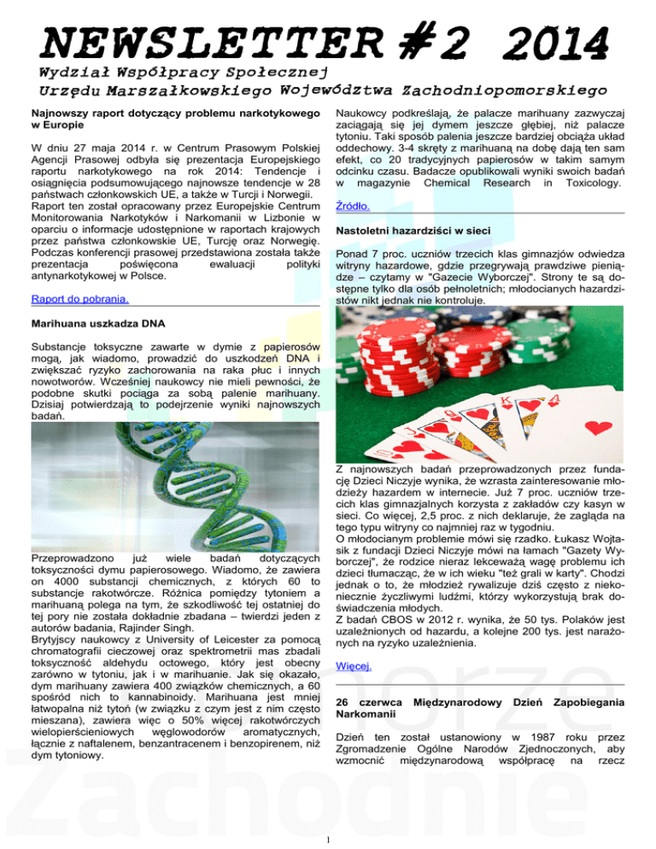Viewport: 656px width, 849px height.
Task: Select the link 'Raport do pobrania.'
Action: click(x=79, y=299)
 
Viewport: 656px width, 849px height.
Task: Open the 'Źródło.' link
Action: click(x=355, y=195)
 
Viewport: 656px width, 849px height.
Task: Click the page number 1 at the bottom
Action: click(x=328, y=837)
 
